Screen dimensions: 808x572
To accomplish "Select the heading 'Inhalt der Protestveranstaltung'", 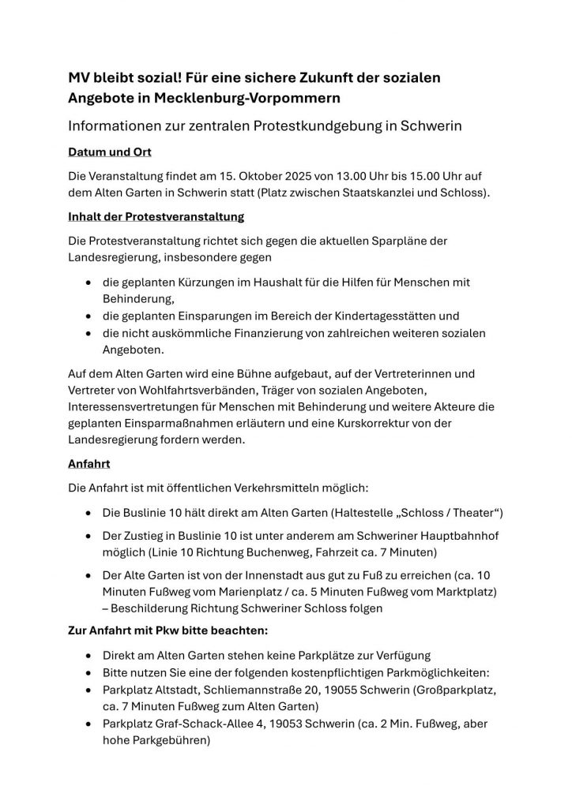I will [x=155, y=215].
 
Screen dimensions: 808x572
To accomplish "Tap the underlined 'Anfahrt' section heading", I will [x=89, y=464].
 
